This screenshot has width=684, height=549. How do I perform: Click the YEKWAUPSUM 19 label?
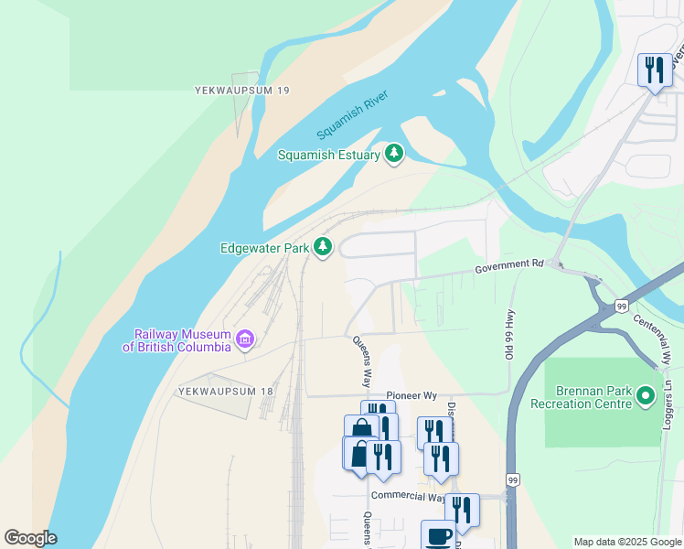242,91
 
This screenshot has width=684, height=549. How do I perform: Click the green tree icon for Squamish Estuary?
394,154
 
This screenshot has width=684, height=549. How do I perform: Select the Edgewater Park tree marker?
323,247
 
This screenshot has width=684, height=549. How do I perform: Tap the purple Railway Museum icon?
245,340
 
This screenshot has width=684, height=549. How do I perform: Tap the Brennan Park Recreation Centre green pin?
645,396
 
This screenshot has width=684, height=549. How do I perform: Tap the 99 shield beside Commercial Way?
512,479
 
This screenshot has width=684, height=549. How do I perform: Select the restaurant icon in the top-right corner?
654,71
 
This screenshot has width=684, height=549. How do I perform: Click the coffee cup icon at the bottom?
438,535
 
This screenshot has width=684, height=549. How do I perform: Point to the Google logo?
31,538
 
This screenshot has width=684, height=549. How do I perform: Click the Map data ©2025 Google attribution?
627,542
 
